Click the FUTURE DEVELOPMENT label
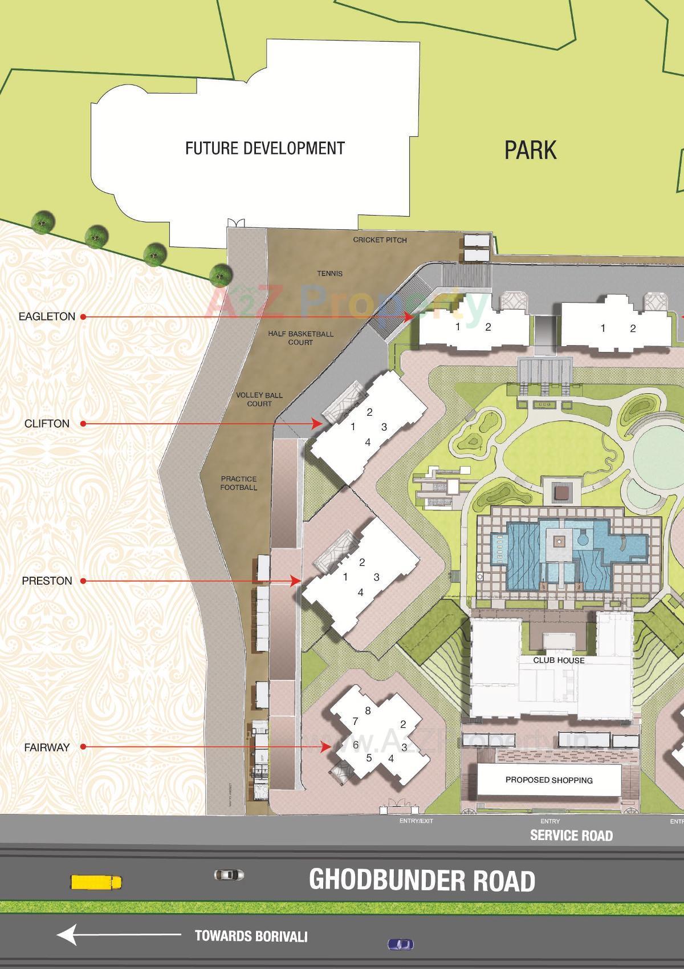point(265,148)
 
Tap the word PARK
point(530,150)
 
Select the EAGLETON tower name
point(47,317)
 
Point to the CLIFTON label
point(47,424)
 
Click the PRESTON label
point(47,581)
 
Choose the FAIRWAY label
point(47,747)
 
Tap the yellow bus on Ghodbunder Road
point(96,882)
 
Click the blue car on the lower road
point(401,944)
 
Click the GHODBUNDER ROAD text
point(422,881)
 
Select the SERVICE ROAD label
point(571,836)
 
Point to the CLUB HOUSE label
point(559,660)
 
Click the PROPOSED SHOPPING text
point(549,780)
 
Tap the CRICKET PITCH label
point(380,240)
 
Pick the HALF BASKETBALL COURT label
point(300,338)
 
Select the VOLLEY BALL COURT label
point(259,399)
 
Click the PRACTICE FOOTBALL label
point(239,483)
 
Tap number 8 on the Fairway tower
point(368,711)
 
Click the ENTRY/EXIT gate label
point(416,821)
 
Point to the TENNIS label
point(329,274)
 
